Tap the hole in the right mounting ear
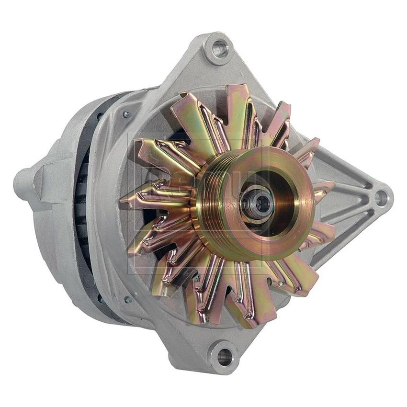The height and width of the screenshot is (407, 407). pyautogui.click(x=380, y=196)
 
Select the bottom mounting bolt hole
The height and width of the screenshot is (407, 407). pyautogui.click(x=224, y=355)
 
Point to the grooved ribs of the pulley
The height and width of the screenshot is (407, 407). pyautogui.click(x=214, y=201)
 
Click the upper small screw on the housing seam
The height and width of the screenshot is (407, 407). pyautogui.click(x=126, y=114)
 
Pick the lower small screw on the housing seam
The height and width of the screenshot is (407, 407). pyautogui.click(x=128, y=300)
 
